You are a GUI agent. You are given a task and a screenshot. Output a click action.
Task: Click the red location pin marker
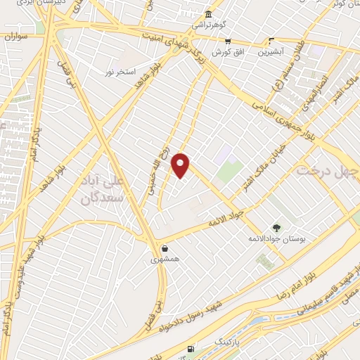tap(181, 165)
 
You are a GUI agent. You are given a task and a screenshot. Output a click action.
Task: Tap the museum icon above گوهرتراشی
tap(208, 15)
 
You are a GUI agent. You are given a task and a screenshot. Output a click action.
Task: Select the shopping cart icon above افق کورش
tap(227, 41)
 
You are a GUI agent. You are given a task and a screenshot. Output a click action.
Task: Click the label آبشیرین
tap(271, 52)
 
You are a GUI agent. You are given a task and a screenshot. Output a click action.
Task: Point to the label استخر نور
tap(120, 72)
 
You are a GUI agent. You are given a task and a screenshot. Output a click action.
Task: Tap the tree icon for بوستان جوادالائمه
tap(276, 227)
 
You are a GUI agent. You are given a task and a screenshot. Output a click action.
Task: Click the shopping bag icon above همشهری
tap(165, 248)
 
